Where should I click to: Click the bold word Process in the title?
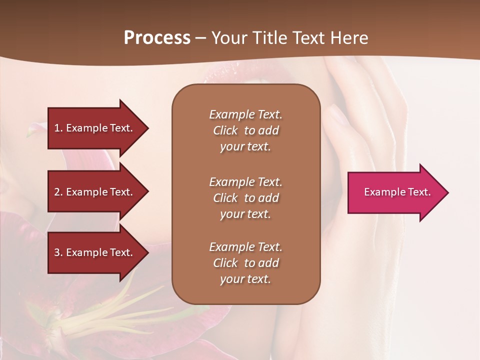tap(156, 38)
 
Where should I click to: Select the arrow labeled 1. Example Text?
tap(95, 128)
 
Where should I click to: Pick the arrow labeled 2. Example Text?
tap(95, 192)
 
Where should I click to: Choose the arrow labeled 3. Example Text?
tap(95, 252)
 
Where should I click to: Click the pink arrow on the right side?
tap(395, 192)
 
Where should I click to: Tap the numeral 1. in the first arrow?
tap(58, 128)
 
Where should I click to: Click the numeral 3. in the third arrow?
tap(58, 252)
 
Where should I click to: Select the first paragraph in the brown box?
tap(245, 130)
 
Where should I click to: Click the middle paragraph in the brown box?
tap(245, 198)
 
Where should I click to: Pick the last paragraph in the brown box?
tap(245, 263)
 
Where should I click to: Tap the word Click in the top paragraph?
tap(225, 130)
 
